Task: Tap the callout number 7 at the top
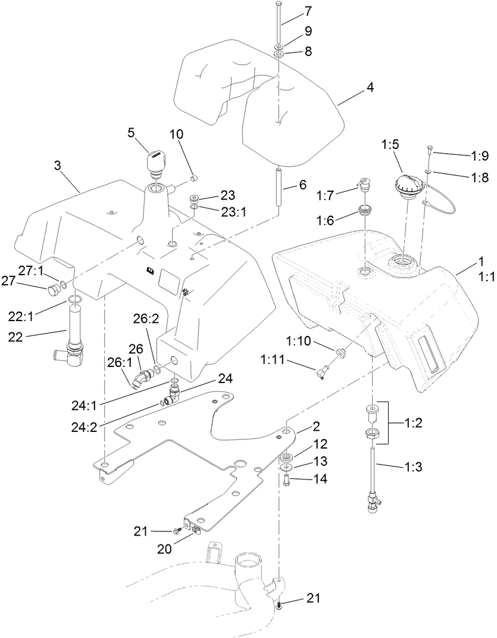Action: (308, 12)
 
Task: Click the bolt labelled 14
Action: (286, 478)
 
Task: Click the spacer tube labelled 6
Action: (278, 188)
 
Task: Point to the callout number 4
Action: (370, 86)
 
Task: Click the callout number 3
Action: (58, 165)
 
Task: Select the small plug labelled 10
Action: (193, 178)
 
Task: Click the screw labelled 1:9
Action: (431, 150)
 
